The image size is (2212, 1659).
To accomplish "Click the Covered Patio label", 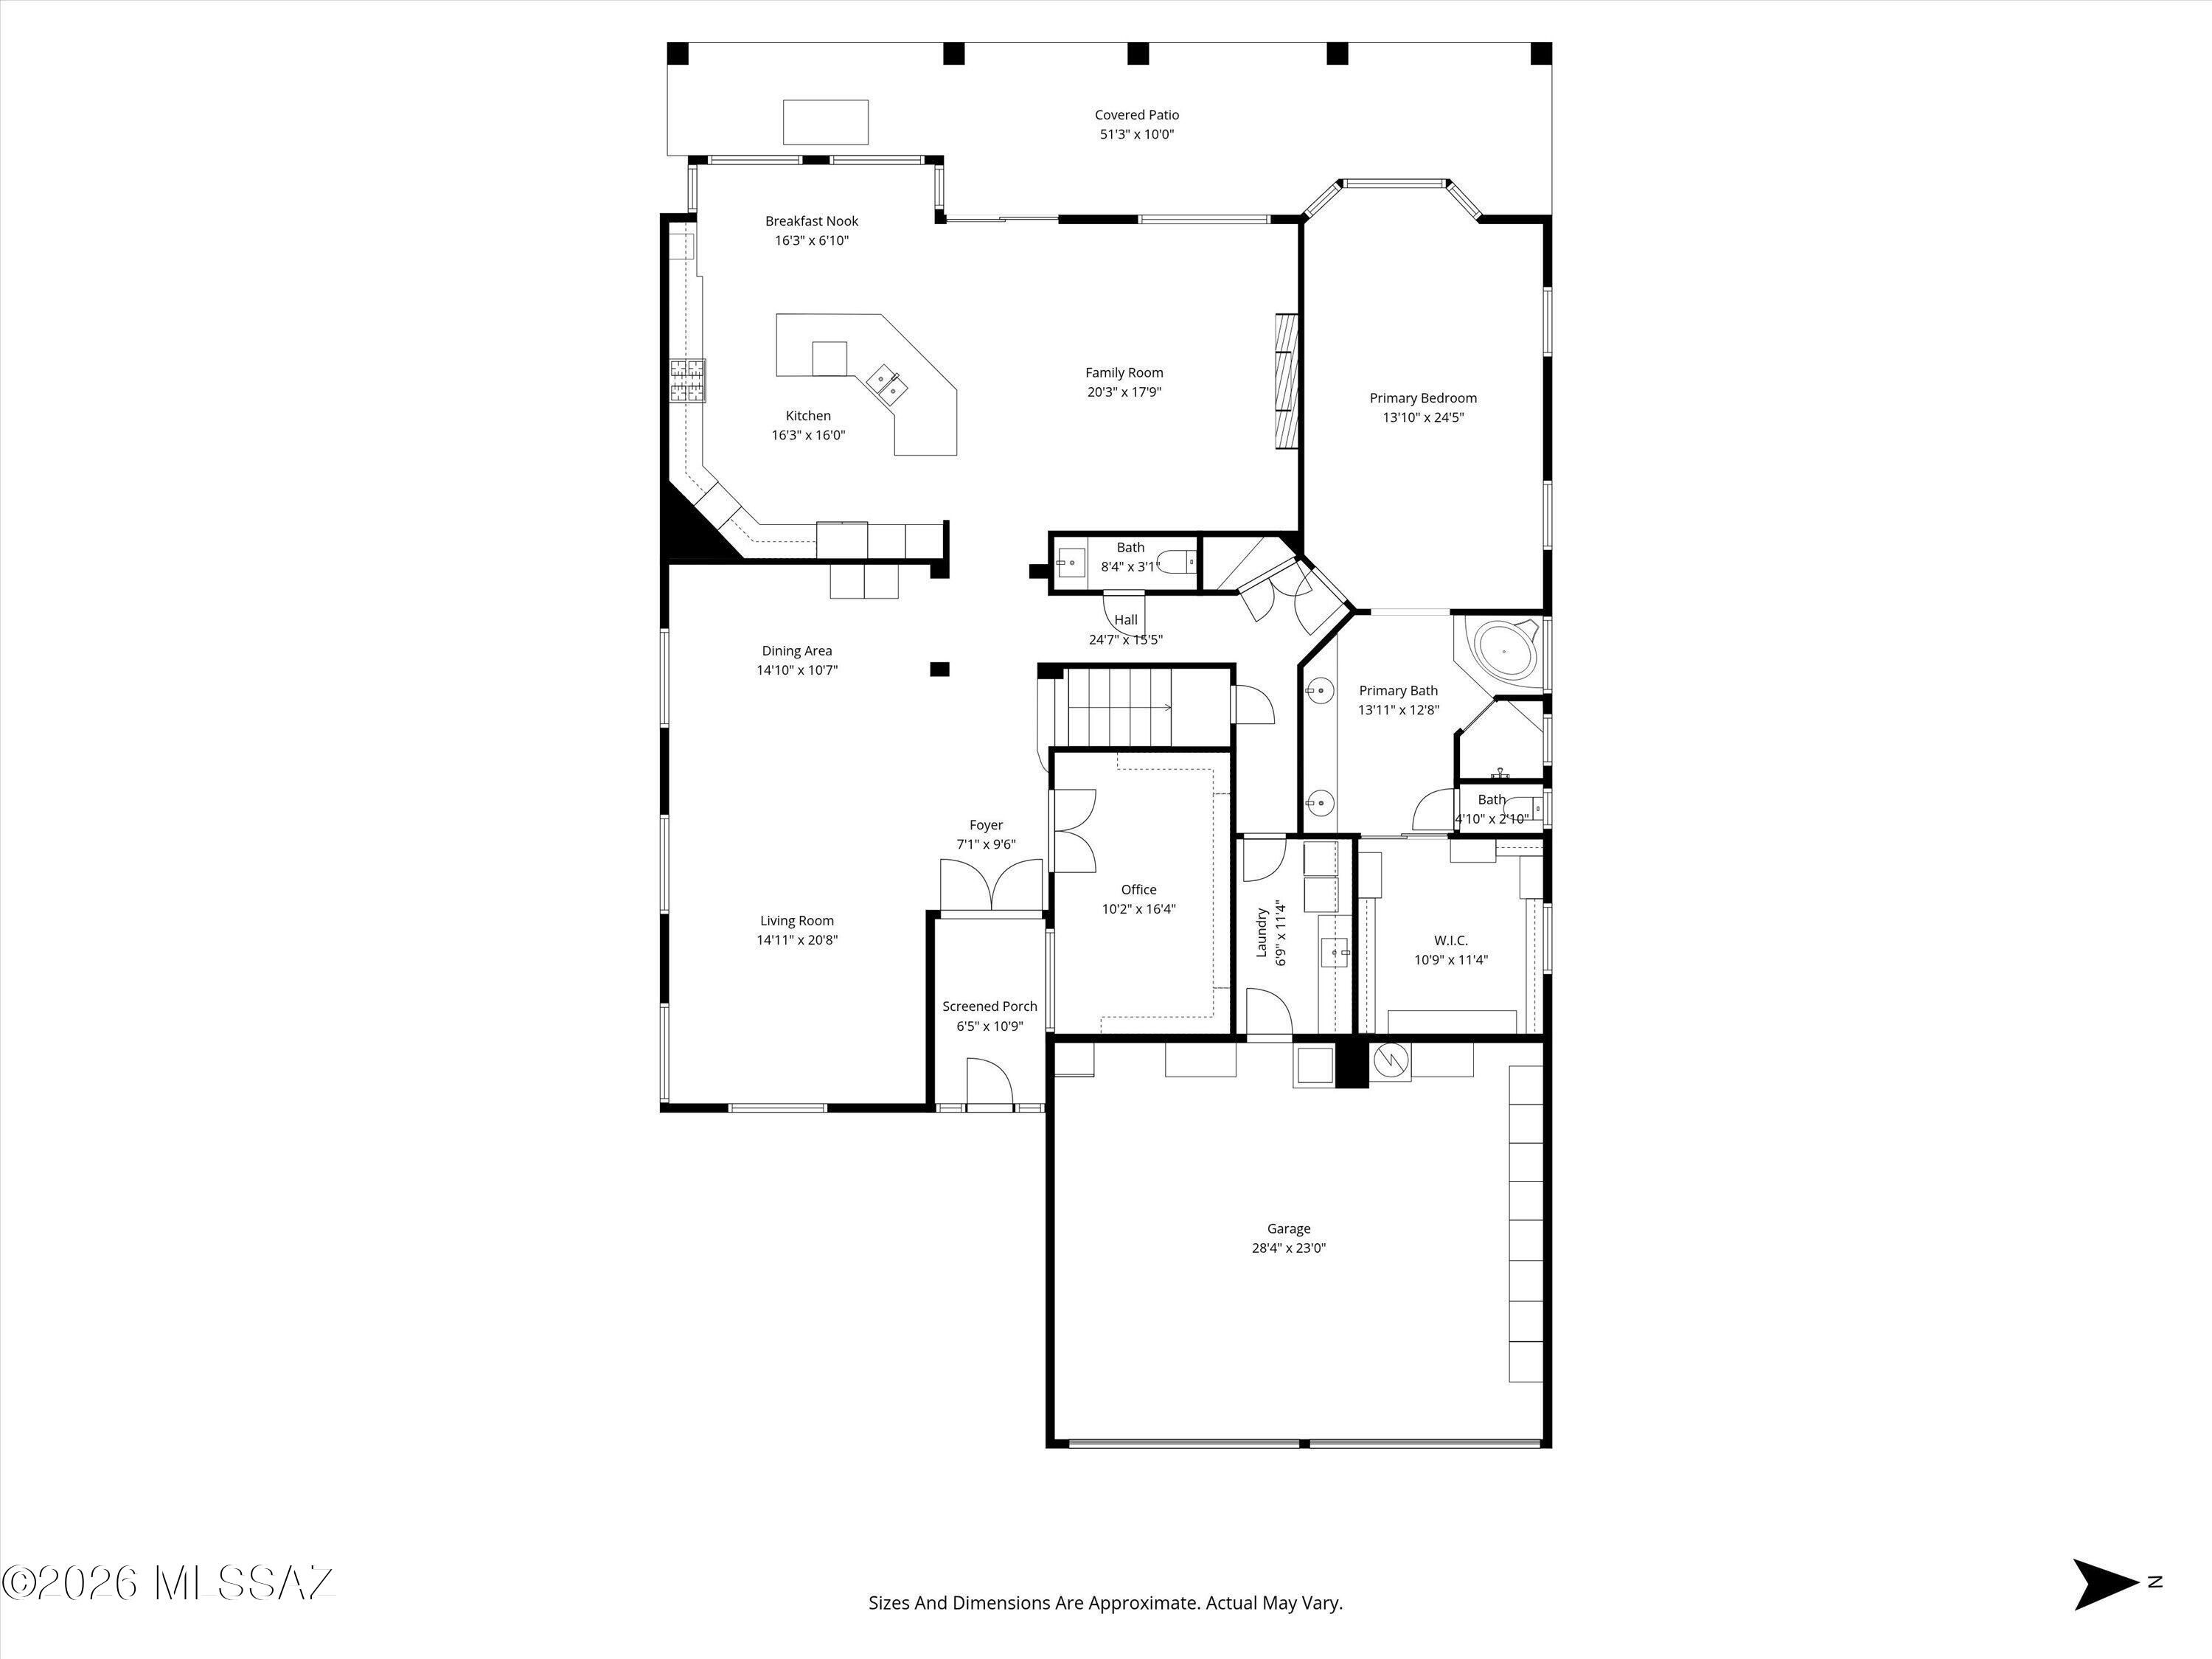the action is [x=1136, y=115].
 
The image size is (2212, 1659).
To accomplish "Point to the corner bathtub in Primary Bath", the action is [x=1506, y=651].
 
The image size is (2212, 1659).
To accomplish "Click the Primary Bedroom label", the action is [x=1423, y=398].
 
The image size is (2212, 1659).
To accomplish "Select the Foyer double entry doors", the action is [x=991, y=884].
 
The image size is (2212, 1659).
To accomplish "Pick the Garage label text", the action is [x=1288, y=1229].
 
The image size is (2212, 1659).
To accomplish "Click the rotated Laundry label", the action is [x=1262, y=932].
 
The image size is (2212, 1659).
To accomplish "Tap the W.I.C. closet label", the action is [x=1450, y=940].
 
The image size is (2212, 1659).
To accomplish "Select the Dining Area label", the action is [x=796, y=651].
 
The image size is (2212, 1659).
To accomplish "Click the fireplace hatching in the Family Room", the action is [x=1286, y=382].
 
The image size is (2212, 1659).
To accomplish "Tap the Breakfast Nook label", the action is [x=811, y=221].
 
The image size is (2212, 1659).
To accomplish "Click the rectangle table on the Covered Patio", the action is [x=825, y=122].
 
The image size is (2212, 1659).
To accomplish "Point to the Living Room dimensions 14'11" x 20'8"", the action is [x=797, y=940].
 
